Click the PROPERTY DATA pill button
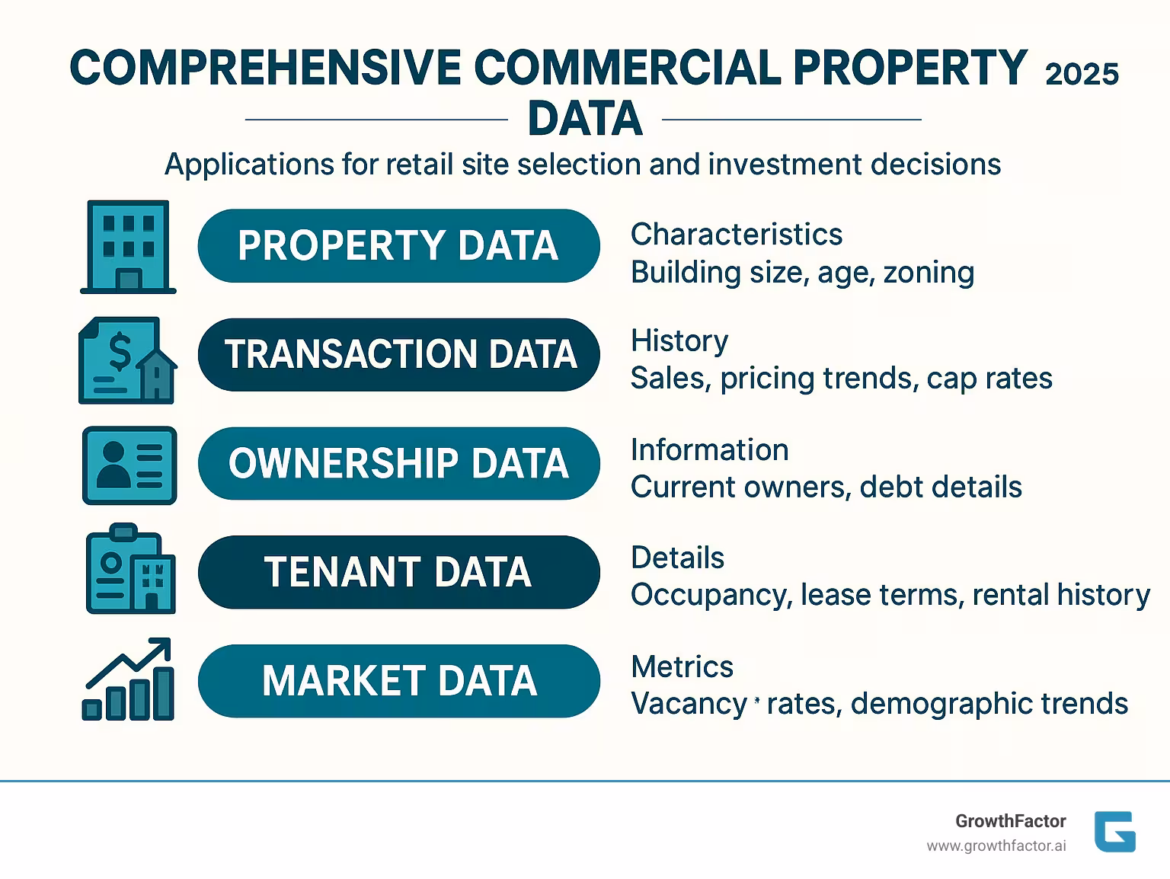pos(398,246)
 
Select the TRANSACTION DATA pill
pos(398,355)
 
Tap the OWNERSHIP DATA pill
pos(398,464)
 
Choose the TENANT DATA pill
pos(398,572)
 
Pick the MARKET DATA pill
pos(398,681)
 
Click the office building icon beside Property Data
pos(128,247)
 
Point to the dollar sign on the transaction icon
pos(119,351)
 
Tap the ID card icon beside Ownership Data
pos(129,465)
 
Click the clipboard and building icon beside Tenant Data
pos(130,569)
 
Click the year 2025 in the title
pos(1082,74)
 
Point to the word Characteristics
pos(736,235)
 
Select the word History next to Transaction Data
pos(679,340)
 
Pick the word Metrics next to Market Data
pos(682,667)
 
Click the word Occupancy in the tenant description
pos(710,595)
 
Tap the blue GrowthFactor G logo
pos(1114,832)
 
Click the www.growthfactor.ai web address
pos(996,846)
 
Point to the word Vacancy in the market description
pos(689,704)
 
